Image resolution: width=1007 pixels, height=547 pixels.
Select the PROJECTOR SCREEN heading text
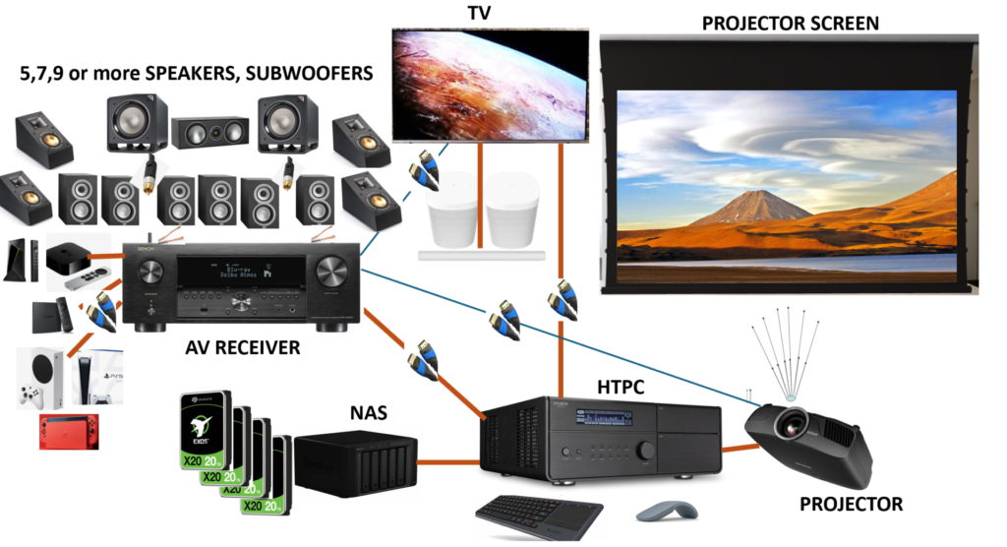790,22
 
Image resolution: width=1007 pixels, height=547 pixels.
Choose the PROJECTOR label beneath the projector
851,504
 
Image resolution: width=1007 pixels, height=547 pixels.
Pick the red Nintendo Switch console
69,432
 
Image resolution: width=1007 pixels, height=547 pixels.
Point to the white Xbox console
39,379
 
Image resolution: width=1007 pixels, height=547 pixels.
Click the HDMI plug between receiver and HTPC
424,359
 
